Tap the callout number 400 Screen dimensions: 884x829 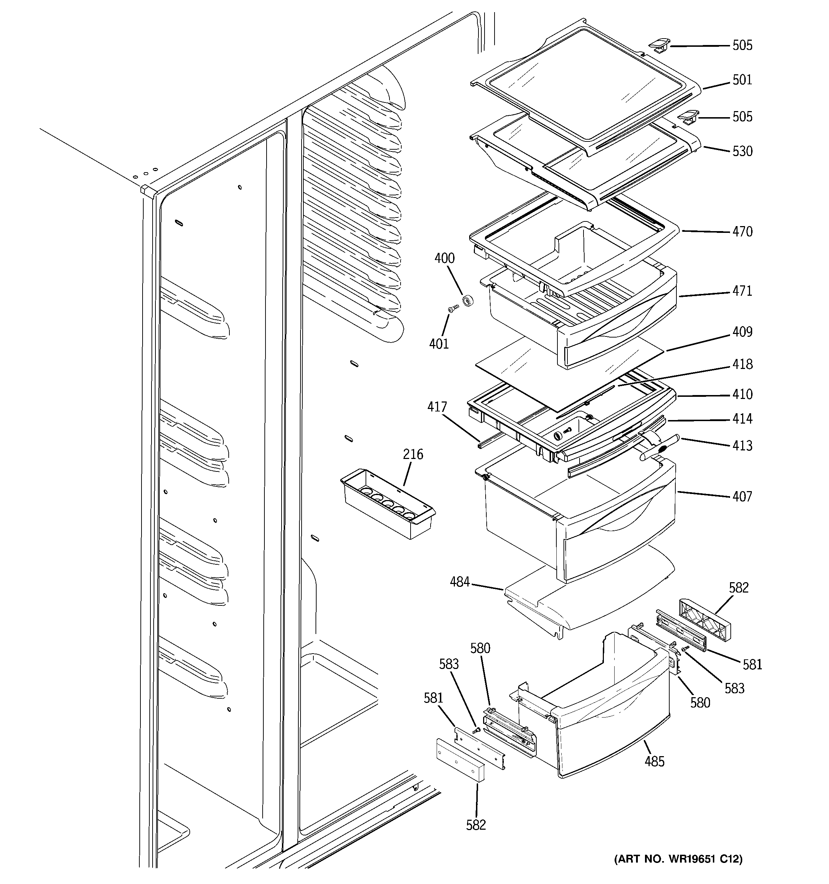(444, 258)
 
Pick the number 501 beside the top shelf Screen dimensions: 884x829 (742, 80)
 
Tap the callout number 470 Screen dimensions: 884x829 (742, 232)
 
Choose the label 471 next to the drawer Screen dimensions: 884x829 (742, 291)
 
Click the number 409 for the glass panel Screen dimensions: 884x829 (742, 332)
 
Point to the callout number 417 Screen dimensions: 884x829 (437, 407)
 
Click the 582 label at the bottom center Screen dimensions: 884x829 (476, 825)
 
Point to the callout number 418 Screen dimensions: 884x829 (742, 364)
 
